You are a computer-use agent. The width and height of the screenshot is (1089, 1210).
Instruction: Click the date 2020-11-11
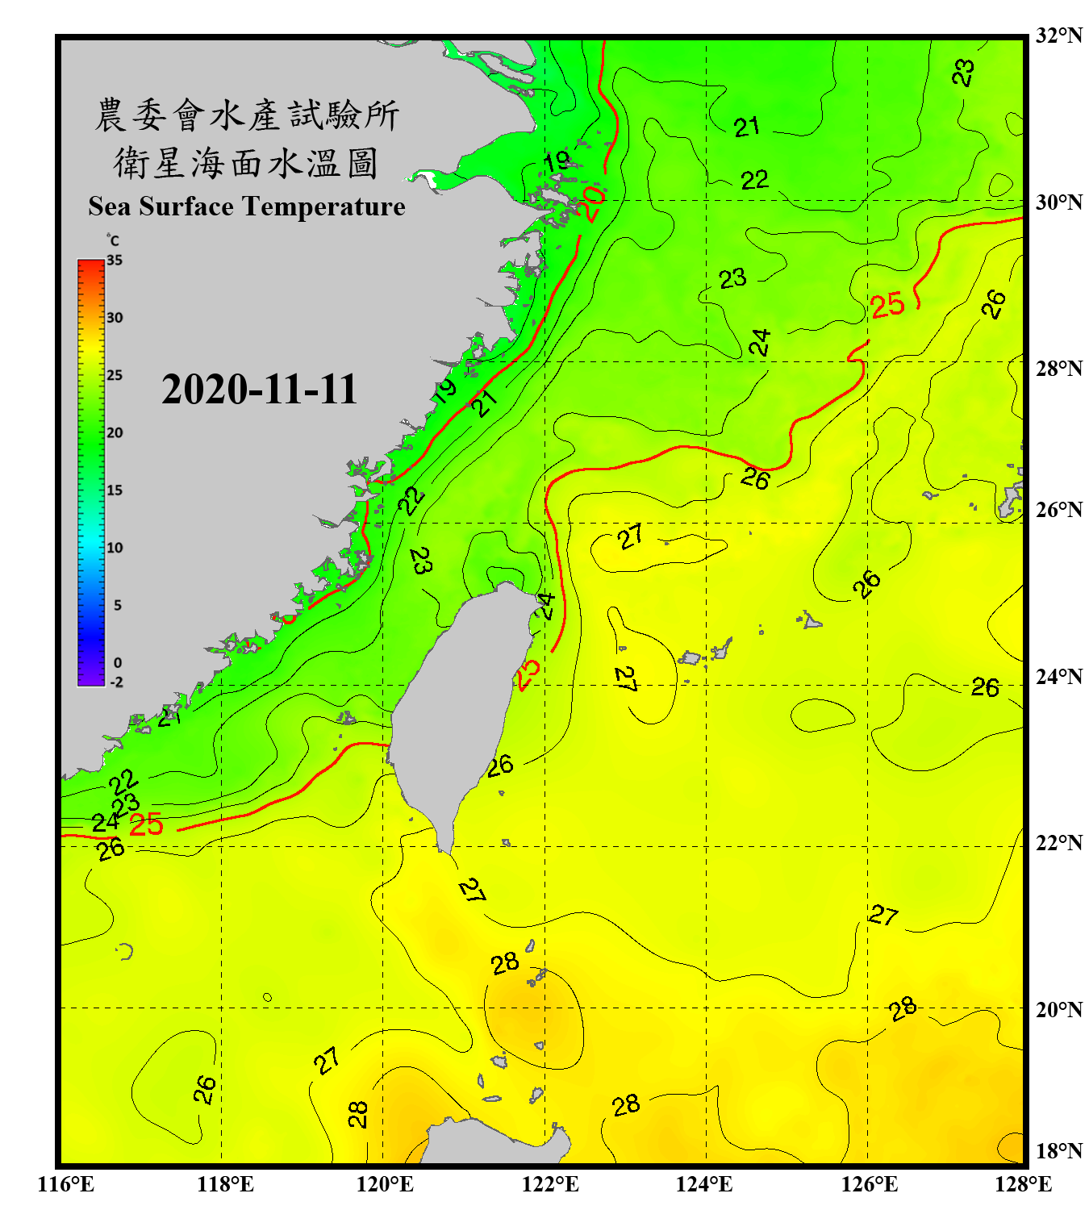point(259,390)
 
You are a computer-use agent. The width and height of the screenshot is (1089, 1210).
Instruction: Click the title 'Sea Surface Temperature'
point(247,207)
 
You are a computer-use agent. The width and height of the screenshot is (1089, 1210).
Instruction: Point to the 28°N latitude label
point(1058,368)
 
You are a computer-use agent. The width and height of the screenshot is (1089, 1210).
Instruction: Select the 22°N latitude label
point(1058,842)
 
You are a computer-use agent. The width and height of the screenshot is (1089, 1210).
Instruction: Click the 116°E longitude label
point(65,1184)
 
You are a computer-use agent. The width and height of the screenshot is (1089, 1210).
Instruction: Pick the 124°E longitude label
point(704,1184)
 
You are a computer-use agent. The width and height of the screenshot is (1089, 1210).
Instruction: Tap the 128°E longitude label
point(1023,1184)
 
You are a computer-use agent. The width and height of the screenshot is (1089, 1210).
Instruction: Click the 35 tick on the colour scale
point(115,260)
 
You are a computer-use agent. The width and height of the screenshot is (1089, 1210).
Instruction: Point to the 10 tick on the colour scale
point(115,548)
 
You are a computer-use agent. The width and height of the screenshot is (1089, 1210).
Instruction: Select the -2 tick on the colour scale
point(116,682)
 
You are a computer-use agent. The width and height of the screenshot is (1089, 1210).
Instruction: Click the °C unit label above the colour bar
point(113,240)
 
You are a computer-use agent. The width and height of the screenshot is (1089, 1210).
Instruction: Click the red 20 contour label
point(592,202)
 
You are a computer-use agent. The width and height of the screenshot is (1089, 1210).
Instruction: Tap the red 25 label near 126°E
point(888,305)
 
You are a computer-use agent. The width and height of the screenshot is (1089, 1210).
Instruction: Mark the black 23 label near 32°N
point(963,73)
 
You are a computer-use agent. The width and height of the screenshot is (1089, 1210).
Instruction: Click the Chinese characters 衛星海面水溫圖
point(246,163)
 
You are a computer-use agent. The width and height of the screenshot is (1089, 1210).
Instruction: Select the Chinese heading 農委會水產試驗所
point(247,115)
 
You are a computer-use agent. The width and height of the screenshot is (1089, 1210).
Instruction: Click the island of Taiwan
point(456,702)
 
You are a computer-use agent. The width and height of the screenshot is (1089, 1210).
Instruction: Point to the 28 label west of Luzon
point(357,1114)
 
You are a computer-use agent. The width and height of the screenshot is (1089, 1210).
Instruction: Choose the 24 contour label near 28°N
point(759,343)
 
